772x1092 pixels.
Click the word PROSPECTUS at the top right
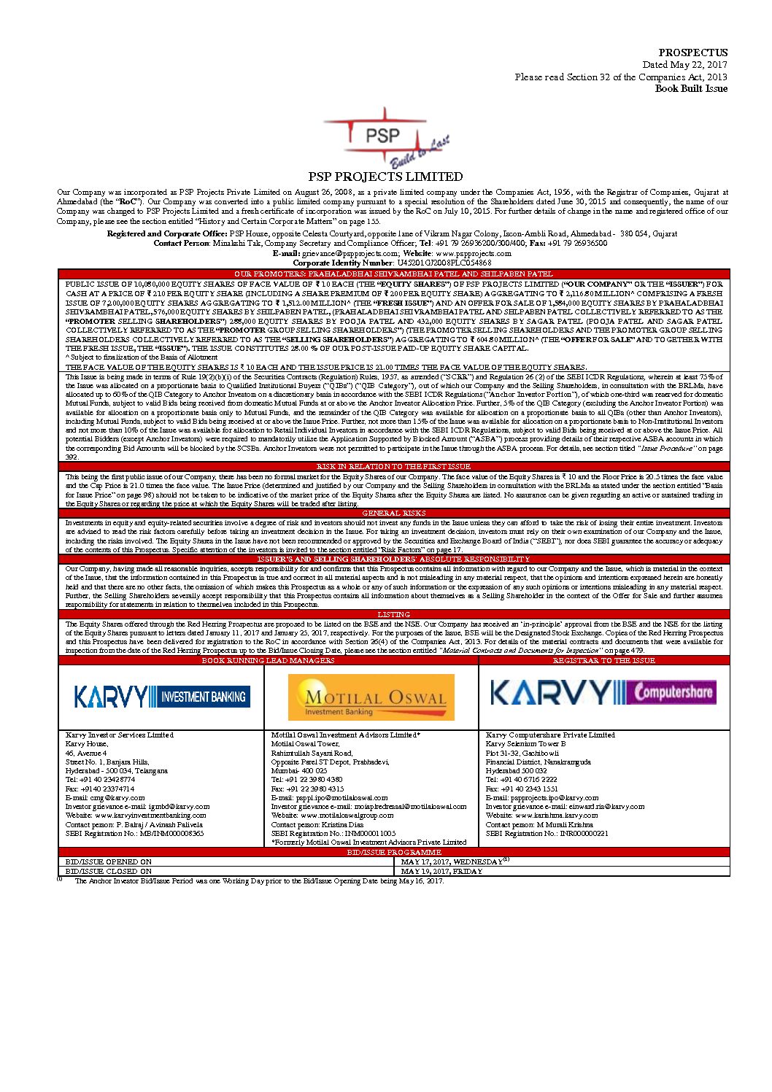pyautogui.click(x=692, y=53)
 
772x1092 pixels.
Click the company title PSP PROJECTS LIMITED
pyautogui.click(x=385, y=177)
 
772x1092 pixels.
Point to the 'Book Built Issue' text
pyautogui.click(x=691, y=89)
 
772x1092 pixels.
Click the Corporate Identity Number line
pyautogui.click(x=392, y=263)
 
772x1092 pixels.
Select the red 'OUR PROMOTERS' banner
pyautogui.click(x=393, y=274)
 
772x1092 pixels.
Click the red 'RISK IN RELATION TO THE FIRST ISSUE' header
pyautogui.click(x=393, y=467)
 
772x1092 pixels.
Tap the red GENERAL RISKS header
pyautogui.click(x=393, y=514)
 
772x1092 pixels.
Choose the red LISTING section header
pyautogui.click(x=393, y=615)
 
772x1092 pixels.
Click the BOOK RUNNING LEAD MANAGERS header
pyautogui.click(x=268, y=660)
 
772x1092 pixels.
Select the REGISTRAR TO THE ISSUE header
pyautogui.click(x=603, y=660)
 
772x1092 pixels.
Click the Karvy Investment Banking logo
pyautogui.click(x=162, y=697)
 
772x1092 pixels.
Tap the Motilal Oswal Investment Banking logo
pyautogui.click(x=371, y=697)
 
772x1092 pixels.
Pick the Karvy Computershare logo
pyautogui.click(x=603, y=692)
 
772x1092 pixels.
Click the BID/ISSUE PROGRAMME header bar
pyautogui.click(x=393, y=852)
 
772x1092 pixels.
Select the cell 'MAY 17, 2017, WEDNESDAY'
pyautogui.click(x=452, y=862)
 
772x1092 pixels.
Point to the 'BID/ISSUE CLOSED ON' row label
pyautogui.click(x=109, y=871)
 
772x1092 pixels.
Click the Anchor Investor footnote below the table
pyautogui.click(x=258, y=881)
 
